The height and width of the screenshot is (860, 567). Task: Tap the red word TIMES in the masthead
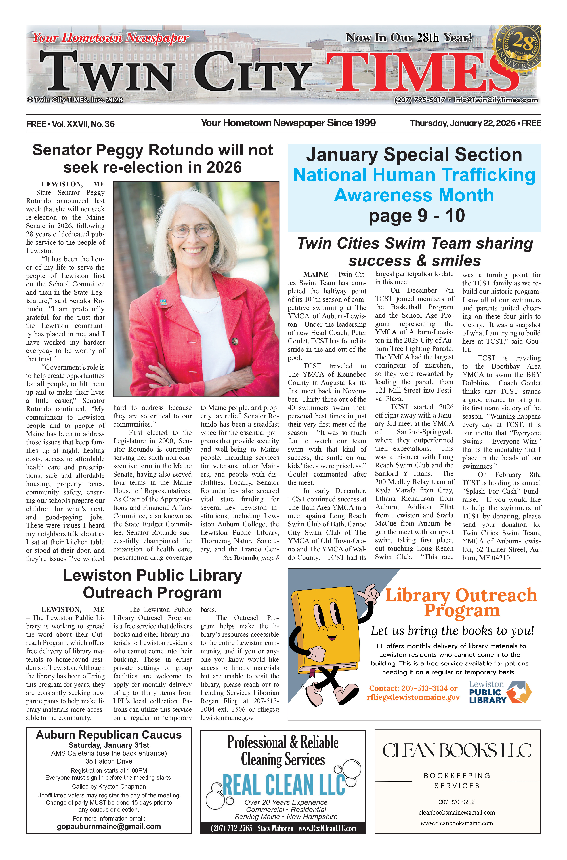tap(423, 72)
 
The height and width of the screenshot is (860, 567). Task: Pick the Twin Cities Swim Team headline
tap(415, 252)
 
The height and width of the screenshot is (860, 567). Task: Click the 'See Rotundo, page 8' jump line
tap(251, 558)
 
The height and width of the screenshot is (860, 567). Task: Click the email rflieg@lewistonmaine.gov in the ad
tap(413, 697)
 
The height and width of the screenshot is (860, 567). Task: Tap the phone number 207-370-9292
tap(457, 802)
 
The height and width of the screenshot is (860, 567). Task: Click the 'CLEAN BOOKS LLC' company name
tap(457, 751)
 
